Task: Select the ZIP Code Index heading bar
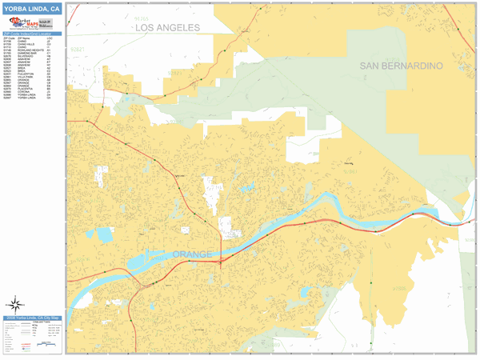pos(31,33)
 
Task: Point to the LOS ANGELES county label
pos(167,27)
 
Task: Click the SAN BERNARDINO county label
pos(401,65)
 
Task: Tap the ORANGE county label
pos(192,254)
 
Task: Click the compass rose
pos(15,304)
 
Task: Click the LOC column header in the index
pos(50,38)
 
